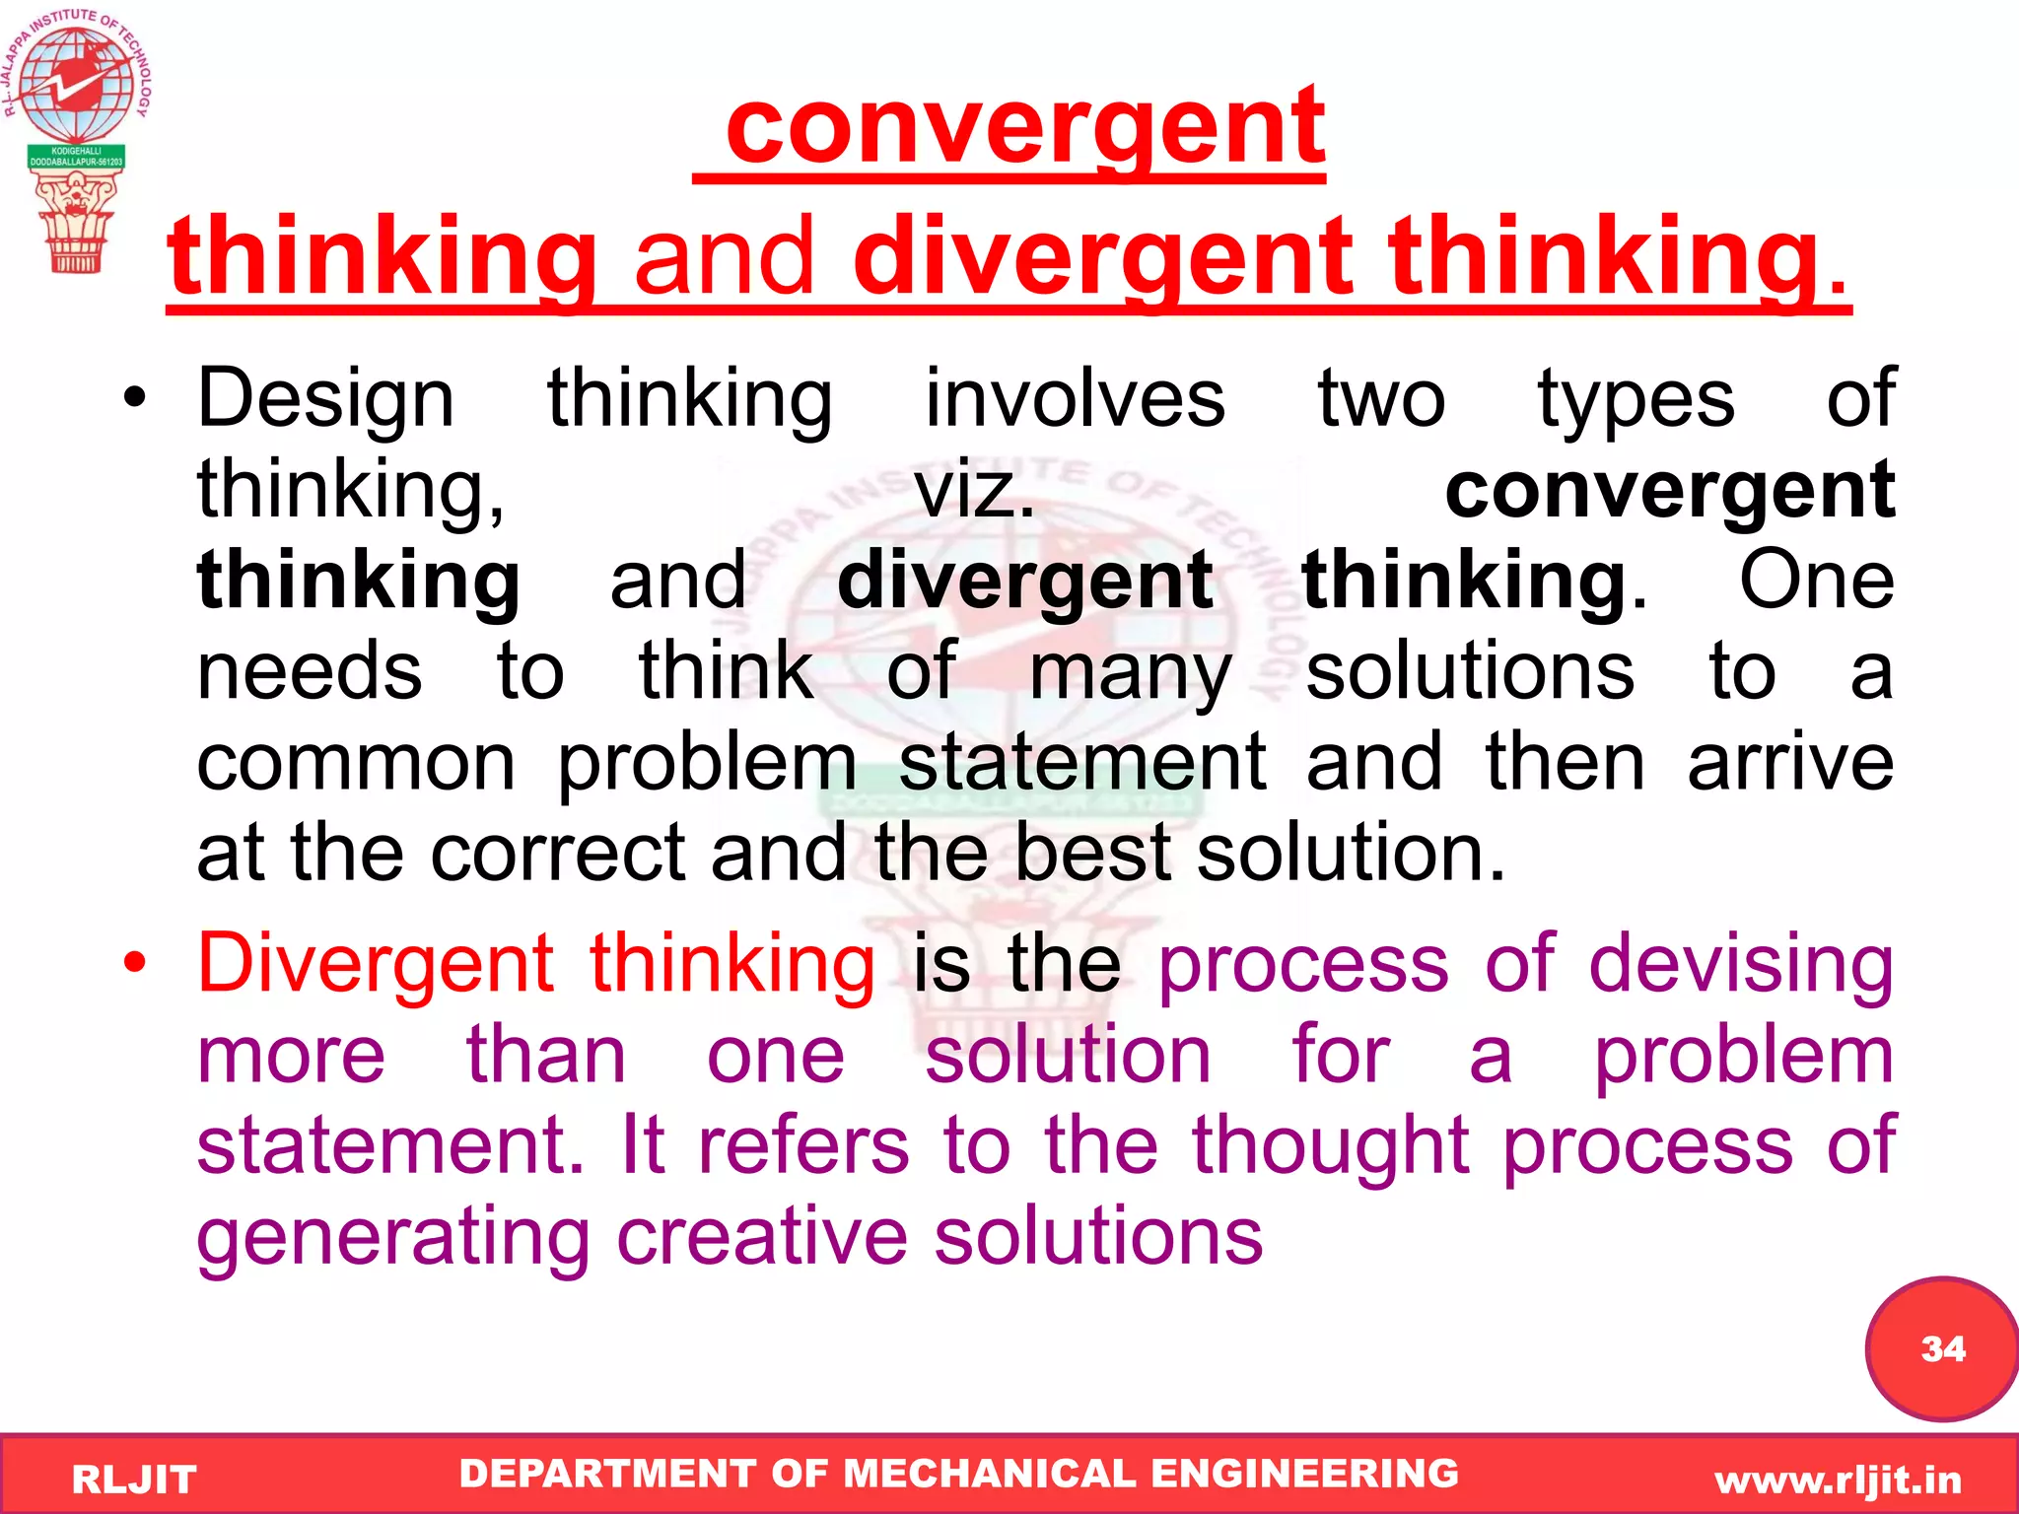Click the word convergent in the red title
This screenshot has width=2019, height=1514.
pos(1025,128)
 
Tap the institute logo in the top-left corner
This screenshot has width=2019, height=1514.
pos(75,138)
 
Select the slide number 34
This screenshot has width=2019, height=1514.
pos(1942,1348)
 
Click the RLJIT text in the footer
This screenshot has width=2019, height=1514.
pos(134,1480)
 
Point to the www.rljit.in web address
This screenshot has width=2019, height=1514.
pos(1839,1480)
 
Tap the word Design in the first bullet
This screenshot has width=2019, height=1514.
pos(325,399)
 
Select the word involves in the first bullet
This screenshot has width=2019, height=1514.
pos(1075,399)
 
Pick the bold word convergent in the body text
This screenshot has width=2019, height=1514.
pos(1669,490)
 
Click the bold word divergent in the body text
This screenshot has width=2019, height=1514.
pos(1024,582)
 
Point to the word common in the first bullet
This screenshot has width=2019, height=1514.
pos(356,763)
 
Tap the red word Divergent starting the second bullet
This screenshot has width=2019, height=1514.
pos(376,964)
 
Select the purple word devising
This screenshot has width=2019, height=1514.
pos(1741,964)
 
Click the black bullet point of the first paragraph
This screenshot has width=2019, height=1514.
pos(135,398)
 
